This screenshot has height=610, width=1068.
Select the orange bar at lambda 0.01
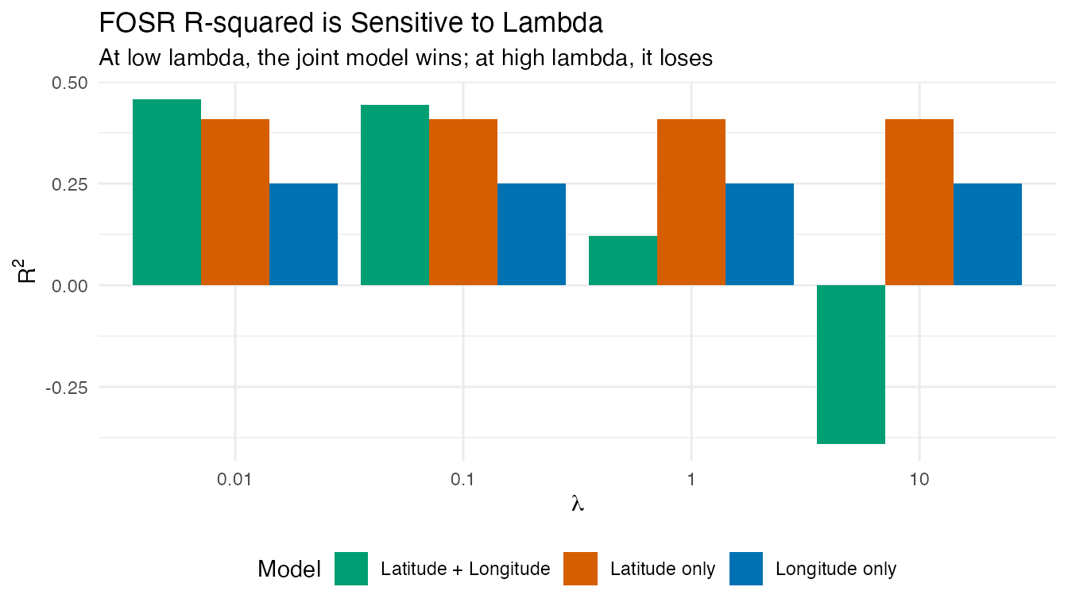[x=235, y=202]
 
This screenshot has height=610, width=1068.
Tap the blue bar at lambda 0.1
[x=532, y=234]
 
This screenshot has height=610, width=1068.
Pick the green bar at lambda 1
[x=623, y=261]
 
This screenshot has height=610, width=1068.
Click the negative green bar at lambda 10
[x=851, y=364]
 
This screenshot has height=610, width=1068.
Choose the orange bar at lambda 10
[x=919, y=202]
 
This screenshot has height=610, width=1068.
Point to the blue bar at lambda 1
[x=760, y=234]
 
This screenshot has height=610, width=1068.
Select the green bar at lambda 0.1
[x=395, y=195]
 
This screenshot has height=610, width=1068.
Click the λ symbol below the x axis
[x=578, y=504]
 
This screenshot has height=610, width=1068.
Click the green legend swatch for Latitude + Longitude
[x=351, y=569]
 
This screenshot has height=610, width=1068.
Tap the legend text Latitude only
[x=663, y=569]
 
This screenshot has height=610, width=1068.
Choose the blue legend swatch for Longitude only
[x=746, y=569]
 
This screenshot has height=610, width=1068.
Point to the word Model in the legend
[x=289, y=569]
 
